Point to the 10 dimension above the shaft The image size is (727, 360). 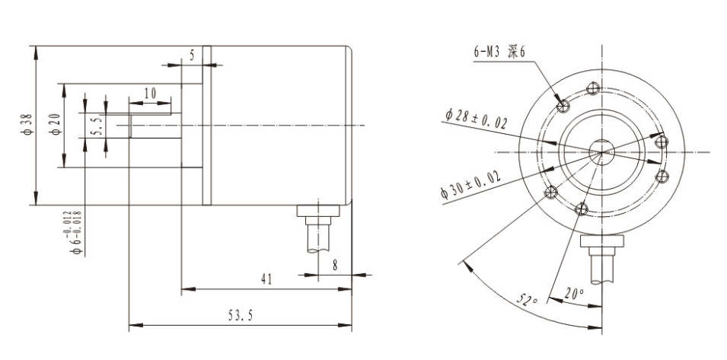pos(150,93)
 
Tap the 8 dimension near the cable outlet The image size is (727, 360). pos(335,266)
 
